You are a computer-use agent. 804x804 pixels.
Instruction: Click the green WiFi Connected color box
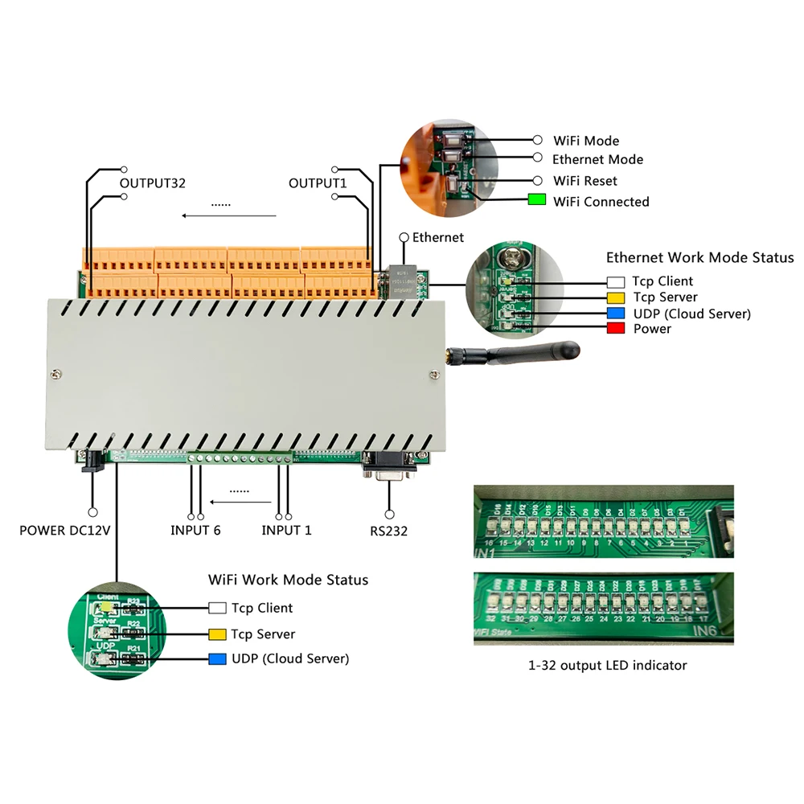[x=537, y=201]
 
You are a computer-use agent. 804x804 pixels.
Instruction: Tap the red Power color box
[x=616, y=328]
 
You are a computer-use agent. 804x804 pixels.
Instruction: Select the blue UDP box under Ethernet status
[x=616, y=313]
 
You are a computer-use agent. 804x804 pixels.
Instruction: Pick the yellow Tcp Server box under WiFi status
[x=217, y=634]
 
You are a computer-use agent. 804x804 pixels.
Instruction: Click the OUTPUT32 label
[x=153, y=183]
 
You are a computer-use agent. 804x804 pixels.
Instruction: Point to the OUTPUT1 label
[x=318, y=183]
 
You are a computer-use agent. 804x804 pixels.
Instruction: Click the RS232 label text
[x=389, y=530]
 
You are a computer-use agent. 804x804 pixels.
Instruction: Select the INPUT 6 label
[x=195, y=530]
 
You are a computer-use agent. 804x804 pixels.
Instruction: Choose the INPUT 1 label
[x=286, y=530]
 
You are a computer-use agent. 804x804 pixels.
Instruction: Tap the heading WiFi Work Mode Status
[x=288, y=580]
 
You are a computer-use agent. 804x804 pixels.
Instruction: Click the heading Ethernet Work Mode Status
[x=699, y=258]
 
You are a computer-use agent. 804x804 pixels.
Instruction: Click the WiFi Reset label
[x=585, y=181]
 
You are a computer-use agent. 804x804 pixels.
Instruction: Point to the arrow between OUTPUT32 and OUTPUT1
[x=229, y=215]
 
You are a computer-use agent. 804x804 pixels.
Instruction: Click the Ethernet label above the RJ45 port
[x=437, y=237]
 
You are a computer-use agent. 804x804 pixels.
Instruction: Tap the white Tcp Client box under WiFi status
[x=217, y=608]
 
